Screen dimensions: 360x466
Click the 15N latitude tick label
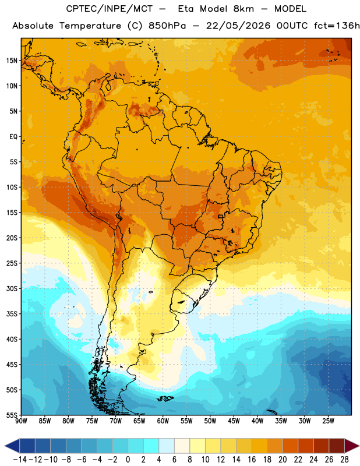pos(12,61)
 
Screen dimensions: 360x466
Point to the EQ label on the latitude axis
pos(13,137)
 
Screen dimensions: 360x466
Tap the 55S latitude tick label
pos(12,415)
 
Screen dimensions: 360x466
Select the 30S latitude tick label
pos(12,288)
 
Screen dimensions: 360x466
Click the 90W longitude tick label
pos(21,421)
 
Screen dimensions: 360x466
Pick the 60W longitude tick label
pos(163,421)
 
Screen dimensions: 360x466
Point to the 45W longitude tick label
pos(234,421)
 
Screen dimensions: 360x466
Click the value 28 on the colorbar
pos(344,460)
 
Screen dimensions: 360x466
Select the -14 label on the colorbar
pos(20,460)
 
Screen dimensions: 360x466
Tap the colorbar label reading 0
pos(128,460)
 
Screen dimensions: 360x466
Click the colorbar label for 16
pos(252,460)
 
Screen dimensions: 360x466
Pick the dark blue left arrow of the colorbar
pos(12,446)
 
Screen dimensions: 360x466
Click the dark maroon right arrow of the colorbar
pos(352,446)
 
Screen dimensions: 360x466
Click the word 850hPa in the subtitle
pos(167,26)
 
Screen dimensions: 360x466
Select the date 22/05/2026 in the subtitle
pos(238,26)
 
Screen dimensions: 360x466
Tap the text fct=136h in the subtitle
pos(337,26)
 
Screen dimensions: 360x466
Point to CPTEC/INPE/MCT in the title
pos(109,9)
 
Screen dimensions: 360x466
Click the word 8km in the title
pos(243,9)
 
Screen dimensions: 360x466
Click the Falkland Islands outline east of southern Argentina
pos(165,398)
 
